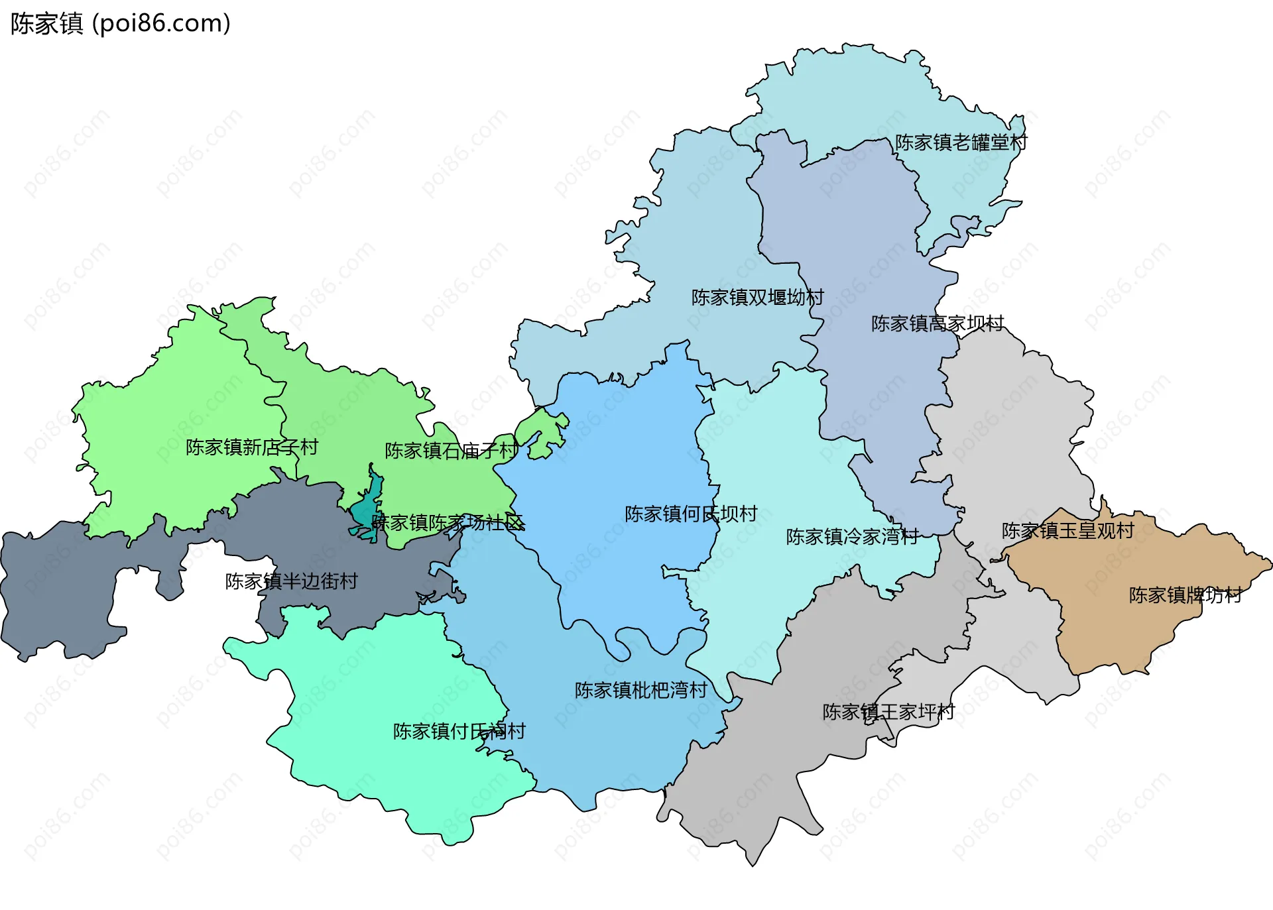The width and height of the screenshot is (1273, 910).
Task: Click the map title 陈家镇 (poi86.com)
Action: [x=121, y=23]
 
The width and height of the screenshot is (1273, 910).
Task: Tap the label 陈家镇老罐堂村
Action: [x=961, y=142]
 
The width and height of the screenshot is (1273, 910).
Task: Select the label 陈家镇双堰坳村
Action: [x=757, y=298]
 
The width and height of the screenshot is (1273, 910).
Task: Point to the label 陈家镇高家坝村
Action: [x=937, y=323]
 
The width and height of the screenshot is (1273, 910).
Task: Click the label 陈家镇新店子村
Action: [x=251, y=447]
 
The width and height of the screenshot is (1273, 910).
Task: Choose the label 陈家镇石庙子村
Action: [x=451, y=451]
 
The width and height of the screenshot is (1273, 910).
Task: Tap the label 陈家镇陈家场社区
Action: [x=448, y=523]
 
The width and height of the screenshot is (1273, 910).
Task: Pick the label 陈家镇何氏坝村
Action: [x=690, y=514]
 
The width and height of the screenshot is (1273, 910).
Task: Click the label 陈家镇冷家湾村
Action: [x=852, y=536]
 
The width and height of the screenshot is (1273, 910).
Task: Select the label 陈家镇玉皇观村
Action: [x=1067, y=531]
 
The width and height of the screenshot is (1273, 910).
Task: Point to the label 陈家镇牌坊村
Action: [x=1185, y=595]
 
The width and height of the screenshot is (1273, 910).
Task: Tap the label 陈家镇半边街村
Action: [x=291, y=581]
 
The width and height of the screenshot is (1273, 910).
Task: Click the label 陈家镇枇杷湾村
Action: [x=640, y=690]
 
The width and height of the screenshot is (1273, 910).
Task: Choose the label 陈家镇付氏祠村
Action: [x=459, y=731]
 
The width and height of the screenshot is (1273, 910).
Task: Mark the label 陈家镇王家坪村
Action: [x=888, y=712]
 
